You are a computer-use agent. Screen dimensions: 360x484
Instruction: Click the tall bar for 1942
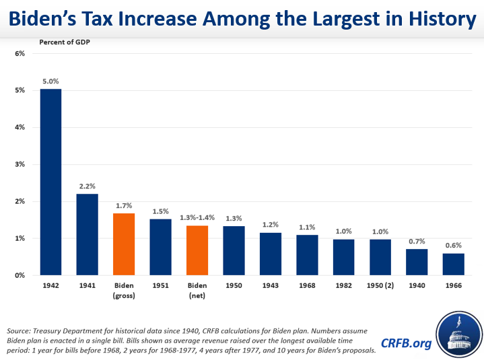tap(51, 182)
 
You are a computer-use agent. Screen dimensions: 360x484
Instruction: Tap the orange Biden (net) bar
tap(197, 250)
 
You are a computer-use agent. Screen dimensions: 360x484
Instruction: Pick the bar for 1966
tap(453, 264)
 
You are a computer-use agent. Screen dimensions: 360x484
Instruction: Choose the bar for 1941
tap(88, 234)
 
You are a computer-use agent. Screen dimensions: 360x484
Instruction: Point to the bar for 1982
tap(343, 257)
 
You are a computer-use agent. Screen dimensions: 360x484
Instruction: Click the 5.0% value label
tap(51, 81)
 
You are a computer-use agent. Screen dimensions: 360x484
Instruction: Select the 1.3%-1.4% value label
tap(197, 217)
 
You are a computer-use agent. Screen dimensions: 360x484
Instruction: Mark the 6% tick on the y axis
tap(20, 53)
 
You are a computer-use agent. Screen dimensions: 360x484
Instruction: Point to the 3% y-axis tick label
tap(20, 164)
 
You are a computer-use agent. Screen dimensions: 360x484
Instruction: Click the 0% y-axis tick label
tap(20, 275)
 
